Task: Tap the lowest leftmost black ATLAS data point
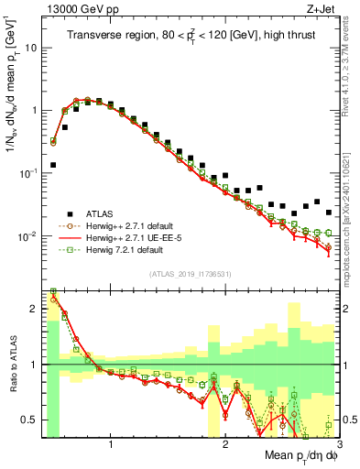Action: pyautogui.click(x=53, y=165)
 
